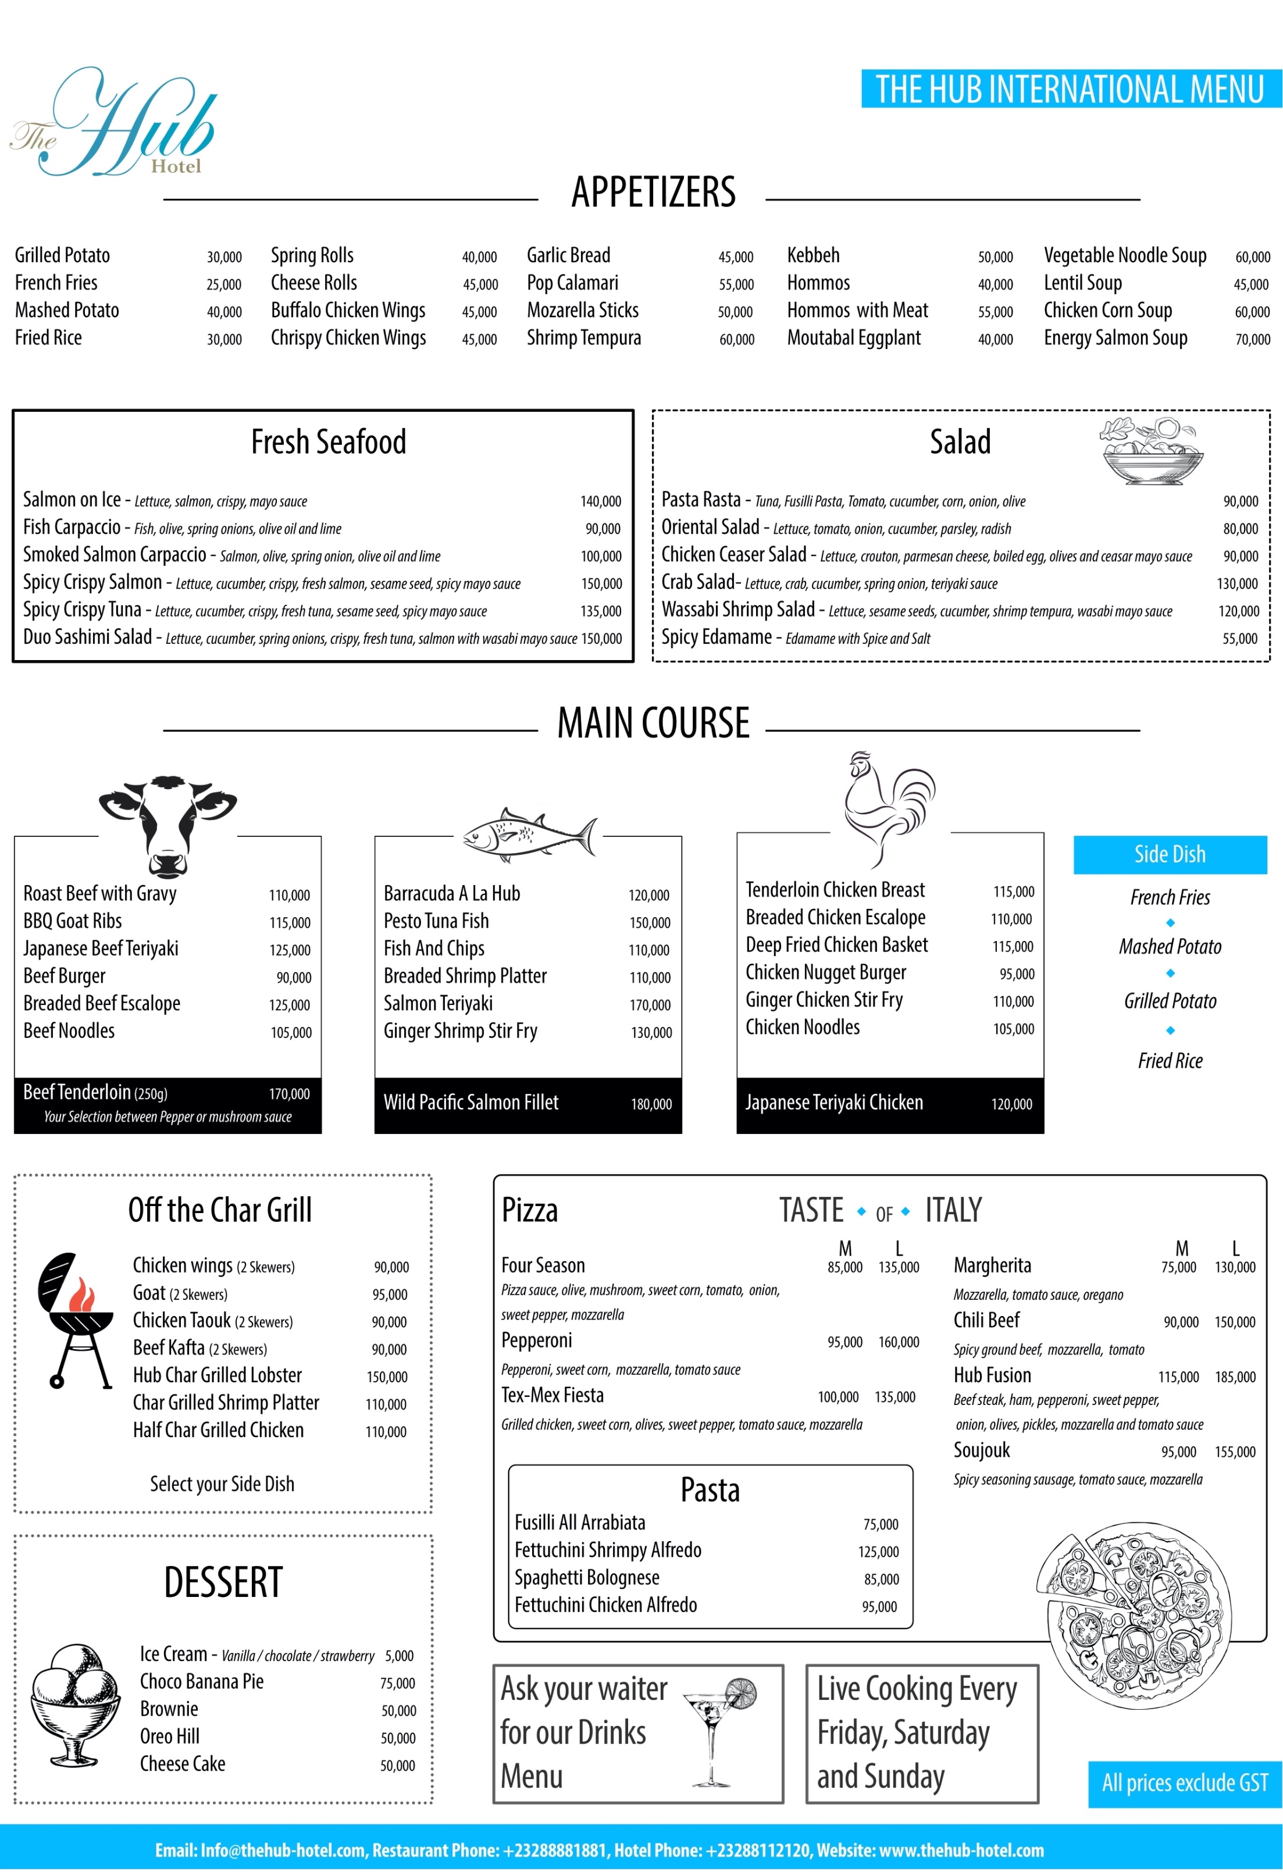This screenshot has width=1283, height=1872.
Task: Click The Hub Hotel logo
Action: (113, 123)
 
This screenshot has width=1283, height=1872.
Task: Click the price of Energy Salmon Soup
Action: (1252, 339)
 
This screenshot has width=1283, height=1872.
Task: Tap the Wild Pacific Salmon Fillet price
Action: (651, 1104)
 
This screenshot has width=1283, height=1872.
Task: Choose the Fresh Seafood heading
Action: (329, 442)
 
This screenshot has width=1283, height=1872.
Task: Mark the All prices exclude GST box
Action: (1184, 1782)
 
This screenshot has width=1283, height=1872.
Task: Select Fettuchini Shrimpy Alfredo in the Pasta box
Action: (608, 1550)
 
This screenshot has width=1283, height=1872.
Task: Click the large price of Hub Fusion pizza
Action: (1235, 1377)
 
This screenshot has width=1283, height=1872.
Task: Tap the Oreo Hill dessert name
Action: (170, 1736)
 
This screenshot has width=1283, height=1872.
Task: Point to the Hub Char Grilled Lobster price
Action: (387, 1377)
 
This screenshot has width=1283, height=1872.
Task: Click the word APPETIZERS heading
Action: (653, 192)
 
